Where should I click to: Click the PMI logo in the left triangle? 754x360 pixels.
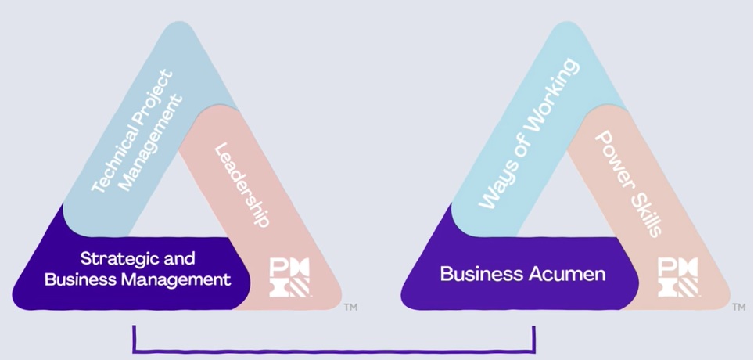point(289,277)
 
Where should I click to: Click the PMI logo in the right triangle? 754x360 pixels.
point(678,277)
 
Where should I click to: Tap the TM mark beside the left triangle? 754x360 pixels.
point(350,308)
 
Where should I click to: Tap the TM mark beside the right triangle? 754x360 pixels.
point(738,308)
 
